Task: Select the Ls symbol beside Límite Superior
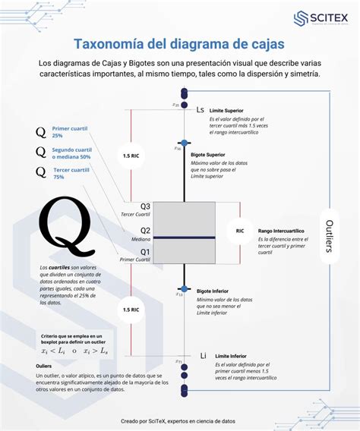(x=201, y=110)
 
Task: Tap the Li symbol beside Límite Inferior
(x=203, y=355)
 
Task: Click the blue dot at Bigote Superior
(x=183, y=142)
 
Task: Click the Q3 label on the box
(x=145, y=206)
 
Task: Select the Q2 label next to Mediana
(x=145, y=230)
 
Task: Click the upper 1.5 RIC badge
(x=131, y=156)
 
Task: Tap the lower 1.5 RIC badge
(x=131, y=310)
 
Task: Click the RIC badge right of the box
(x=240, y=230)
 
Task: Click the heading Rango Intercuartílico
(x=281, y=230)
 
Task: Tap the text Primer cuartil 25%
(x=68, y=131)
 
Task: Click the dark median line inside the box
(x=183, y=238)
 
